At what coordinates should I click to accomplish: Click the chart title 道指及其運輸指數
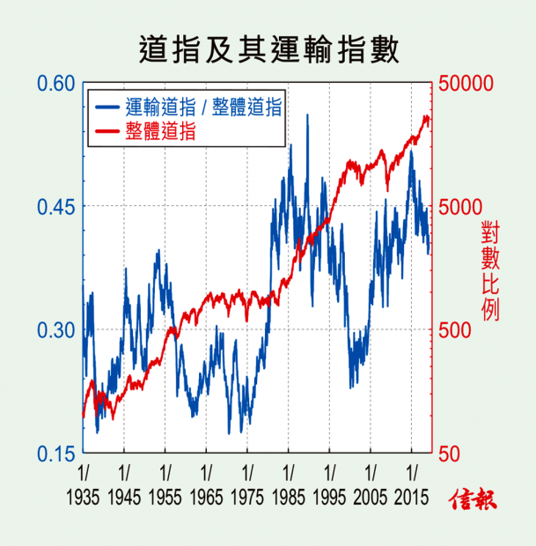click(x=268, y=48)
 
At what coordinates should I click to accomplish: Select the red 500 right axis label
click(x=457, y=330)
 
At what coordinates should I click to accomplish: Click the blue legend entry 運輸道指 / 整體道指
click(x=203, y=107)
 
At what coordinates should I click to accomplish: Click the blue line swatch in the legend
click(x=106, y=107)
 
